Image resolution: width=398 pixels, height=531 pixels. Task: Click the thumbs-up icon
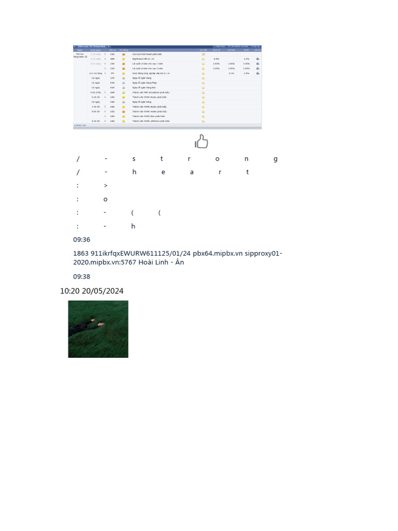click(x=201, y=141)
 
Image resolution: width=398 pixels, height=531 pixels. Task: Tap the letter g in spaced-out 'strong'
click(x=275, y=159)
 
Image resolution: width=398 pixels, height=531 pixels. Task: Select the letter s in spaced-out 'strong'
click(x=134, y=159)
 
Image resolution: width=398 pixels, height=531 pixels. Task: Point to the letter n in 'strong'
click(x=247, y=159)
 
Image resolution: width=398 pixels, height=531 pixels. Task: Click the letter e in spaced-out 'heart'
click(x=163, y=172)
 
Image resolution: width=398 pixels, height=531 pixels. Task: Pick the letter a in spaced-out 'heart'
click(x=191, y=172)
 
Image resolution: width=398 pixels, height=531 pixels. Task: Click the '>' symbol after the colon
click(x=106, y=186)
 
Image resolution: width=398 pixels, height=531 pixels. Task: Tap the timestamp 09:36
click(x=82, y=240)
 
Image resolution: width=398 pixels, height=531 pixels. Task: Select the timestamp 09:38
click(x=82, y=277)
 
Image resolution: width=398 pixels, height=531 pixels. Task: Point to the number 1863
click(x=81, y=254)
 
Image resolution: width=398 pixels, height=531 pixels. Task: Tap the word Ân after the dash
click(x=180, y=262)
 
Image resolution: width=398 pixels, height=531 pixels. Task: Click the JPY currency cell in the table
click(x=112, y=74)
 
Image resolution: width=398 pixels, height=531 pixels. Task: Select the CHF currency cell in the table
click(x=112, y=78)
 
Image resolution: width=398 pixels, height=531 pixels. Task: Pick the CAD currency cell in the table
click(x=112, y=102)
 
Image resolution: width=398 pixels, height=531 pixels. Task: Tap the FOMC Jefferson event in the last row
click(x=150, y=121)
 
